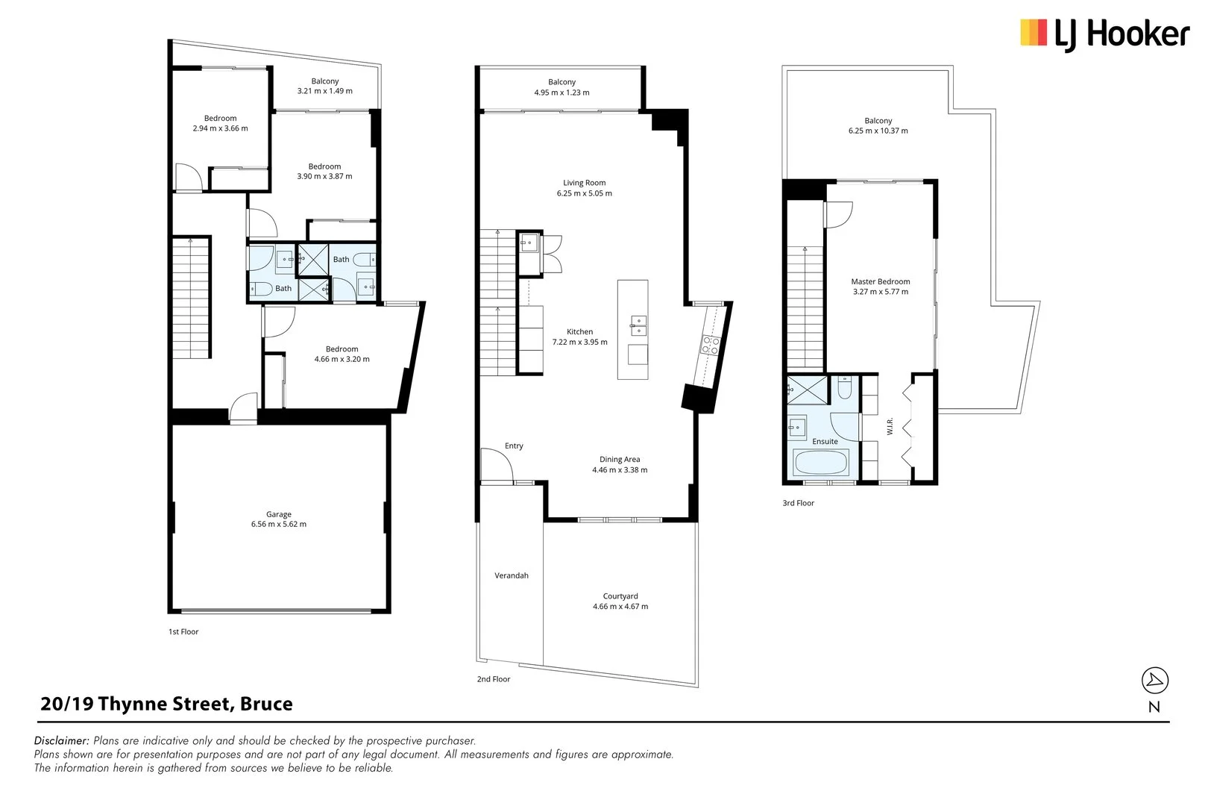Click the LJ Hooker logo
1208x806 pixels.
1104,34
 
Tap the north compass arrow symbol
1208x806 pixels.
1155,680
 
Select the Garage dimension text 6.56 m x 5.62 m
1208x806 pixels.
279,525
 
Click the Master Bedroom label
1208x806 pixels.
881,282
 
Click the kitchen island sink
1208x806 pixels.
638,324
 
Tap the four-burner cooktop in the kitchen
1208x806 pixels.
710,345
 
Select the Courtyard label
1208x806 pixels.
620,596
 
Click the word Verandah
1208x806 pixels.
512,576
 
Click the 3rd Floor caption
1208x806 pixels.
798,504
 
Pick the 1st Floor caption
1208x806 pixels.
183,632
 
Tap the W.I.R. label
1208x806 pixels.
890,427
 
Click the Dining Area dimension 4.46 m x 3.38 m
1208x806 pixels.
620,471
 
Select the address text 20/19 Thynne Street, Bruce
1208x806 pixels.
166,705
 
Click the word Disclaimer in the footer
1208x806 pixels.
62,741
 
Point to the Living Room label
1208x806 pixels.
584,183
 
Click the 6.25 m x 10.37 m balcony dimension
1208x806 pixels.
878,131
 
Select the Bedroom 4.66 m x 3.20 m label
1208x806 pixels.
342,349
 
